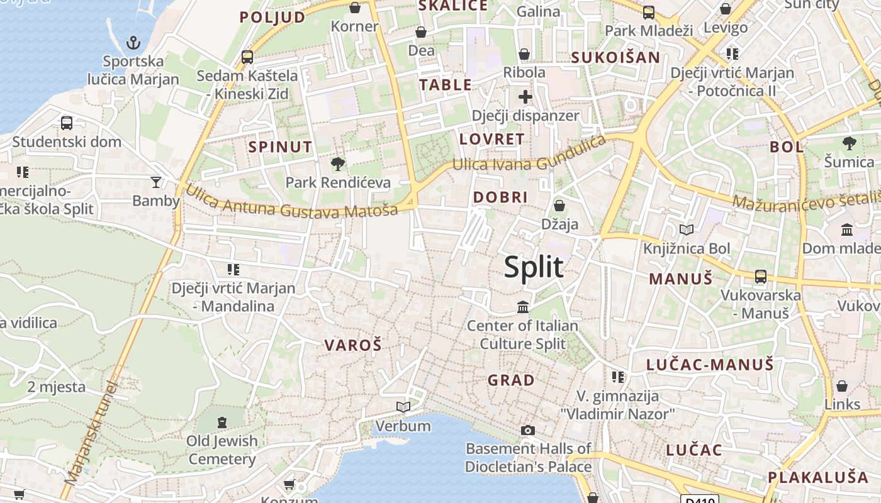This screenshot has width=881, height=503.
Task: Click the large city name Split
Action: (x=534, y=267)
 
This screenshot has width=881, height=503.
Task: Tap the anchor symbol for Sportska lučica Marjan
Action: (x=133, y=43)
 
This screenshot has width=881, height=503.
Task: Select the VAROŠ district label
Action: (x=353, y=345)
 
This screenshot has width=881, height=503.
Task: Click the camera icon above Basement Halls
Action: (x=528, y=430)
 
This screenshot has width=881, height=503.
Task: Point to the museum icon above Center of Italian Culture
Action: (x=523, y=307)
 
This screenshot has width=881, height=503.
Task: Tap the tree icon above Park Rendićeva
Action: (x=338, y=164)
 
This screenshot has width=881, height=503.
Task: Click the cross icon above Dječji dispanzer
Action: (x=525, y=97)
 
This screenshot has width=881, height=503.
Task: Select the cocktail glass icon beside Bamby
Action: (x=156, y=182)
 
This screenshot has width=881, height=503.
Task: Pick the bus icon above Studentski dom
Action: (x=67, y=123)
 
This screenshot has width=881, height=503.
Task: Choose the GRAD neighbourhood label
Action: (x=511, y=380)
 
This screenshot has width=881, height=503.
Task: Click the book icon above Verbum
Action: (x=403, y=407)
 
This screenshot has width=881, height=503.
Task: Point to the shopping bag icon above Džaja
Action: (x=559, y=206)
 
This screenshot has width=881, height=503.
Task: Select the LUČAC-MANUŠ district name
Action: (x=710, y=364)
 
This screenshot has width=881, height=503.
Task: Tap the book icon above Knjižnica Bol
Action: (x=687, y=230)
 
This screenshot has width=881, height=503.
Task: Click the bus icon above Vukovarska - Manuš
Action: (x=760, y=276)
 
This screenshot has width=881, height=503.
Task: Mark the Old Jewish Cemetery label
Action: (x=222, y=450)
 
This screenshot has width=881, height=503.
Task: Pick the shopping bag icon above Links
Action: (x=842, y=386)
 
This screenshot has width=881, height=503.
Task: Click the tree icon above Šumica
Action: (x=850, y=143)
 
